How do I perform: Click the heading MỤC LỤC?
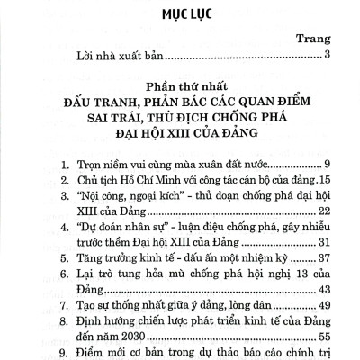pyautogui.click(x=180, y=15)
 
